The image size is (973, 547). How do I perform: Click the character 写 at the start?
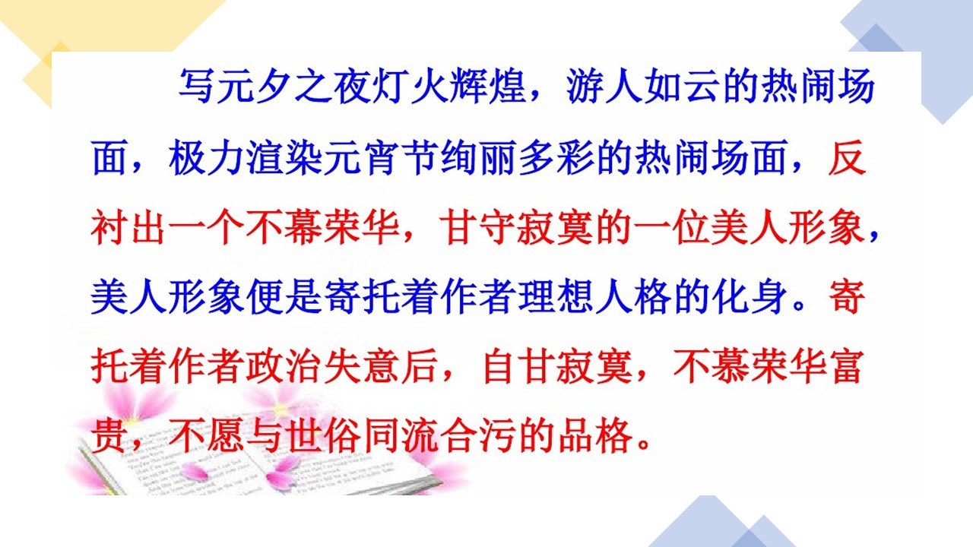click(197, 86)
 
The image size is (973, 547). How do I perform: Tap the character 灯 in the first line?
click(391, 86)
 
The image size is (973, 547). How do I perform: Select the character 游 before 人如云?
click(585, 86)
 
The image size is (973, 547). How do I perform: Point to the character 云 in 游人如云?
click(702, 86)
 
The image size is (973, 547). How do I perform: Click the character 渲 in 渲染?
click(265, 157)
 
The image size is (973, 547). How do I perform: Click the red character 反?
click(848, 157)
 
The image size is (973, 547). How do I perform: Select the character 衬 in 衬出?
click(109, 227)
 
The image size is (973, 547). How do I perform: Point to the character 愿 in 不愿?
click(226, 436)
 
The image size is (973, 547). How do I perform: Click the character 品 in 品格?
click(576, 436)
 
